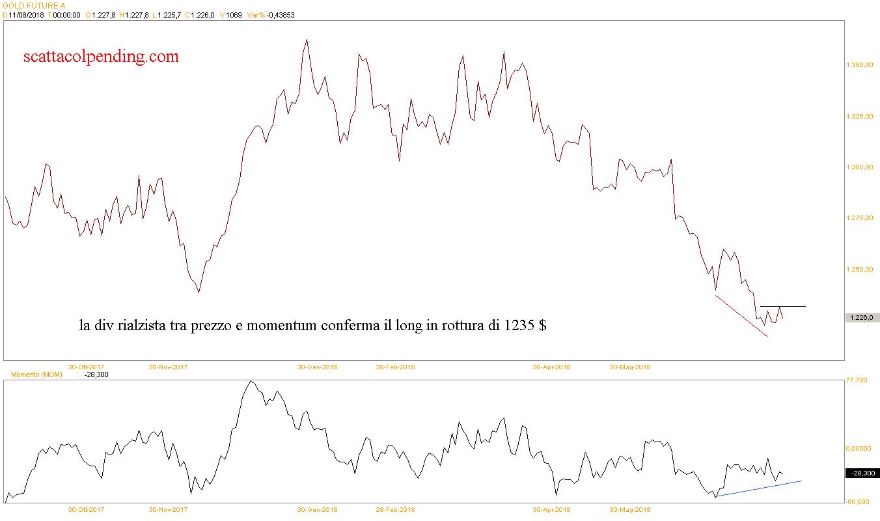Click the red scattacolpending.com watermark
coord(101,57)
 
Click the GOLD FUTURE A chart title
coord(33,5)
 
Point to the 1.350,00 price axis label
coord(859,66)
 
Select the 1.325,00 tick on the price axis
coord(859,117)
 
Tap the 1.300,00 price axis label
coord(859,167)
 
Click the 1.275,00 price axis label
coord(859,218)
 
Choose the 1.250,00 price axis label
coord(859,269)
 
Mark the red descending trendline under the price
coord(742,317)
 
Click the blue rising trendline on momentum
coord(758,488)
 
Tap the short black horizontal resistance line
coord(783,306)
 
